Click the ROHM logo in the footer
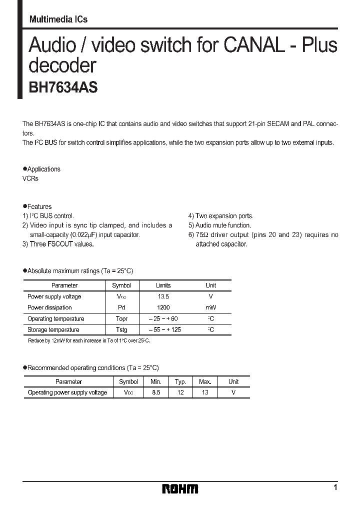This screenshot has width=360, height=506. [180, 488]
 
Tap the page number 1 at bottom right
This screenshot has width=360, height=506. [335, 487]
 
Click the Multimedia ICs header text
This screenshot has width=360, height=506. [58, 19]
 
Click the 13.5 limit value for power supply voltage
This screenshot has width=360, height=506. [163, 296]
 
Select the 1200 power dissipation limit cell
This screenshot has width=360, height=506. [163, 307]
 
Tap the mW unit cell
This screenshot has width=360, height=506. [210, 307]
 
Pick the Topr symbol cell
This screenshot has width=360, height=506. [121, 318]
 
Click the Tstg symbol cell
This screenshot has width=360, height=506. [121, 329]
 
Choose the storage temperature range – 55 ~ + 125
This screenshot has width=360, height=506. [163, 329]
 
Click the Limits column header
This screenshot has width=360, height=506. [163, 285]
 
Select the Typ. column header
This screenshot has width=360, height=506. [180, 381]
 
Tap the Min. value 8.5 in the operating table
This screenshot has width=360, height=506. [156, 392]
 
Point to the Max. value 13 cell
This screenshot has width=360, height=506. [205, 392]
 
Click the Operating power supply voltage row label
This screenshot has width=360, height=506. [67, 392]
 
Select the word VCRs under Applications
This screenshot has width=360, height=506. [30, 178]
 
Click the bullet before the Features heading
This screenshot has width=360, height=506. [25, 205]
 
